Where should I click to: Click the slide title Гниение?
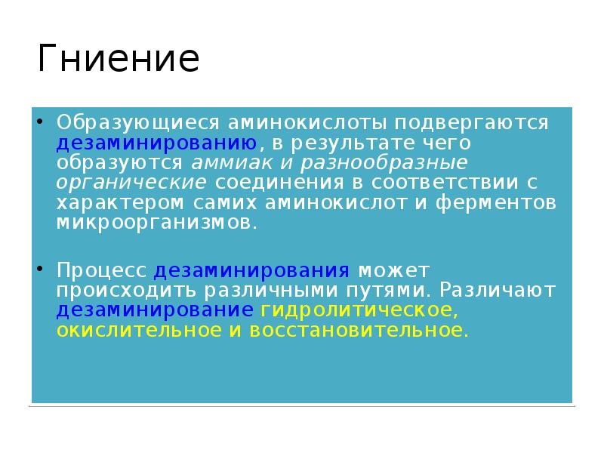[119, 60]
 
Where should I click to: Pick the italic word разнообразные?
[383, 163]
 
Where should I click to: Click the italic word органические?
[131, 183]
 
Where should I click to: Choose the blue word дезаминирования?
[251, 270]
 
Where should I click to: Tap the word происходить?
[125, 291]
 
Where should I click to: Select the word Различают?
[500, 291]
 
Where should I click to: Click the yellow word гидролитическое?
[359, 310]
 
